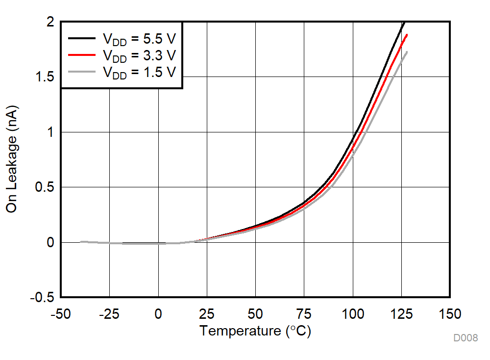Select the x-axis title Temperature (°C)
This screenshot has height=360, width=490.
tap(255, 331)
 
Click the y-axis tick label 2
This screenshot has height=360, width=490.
tap(49, 22)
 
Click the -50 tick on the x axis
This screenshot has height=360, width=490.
tap(61, 314)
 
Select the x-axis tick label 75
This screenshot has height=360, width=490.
tap(304, 314)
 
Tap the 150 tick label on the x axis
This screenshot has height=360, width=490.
tap(450, 314)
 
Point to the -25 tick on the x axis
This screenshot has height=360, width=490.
tap(109, 314)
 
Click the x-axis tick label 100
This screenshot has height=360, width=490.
tap(353, 314)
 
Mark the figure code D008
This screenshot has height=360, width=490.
tap(465, 338)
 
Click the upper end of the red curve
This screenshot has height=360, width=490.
tap(407, 35)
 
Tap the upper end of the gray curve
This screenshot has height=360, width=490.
tap(407, 52)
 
